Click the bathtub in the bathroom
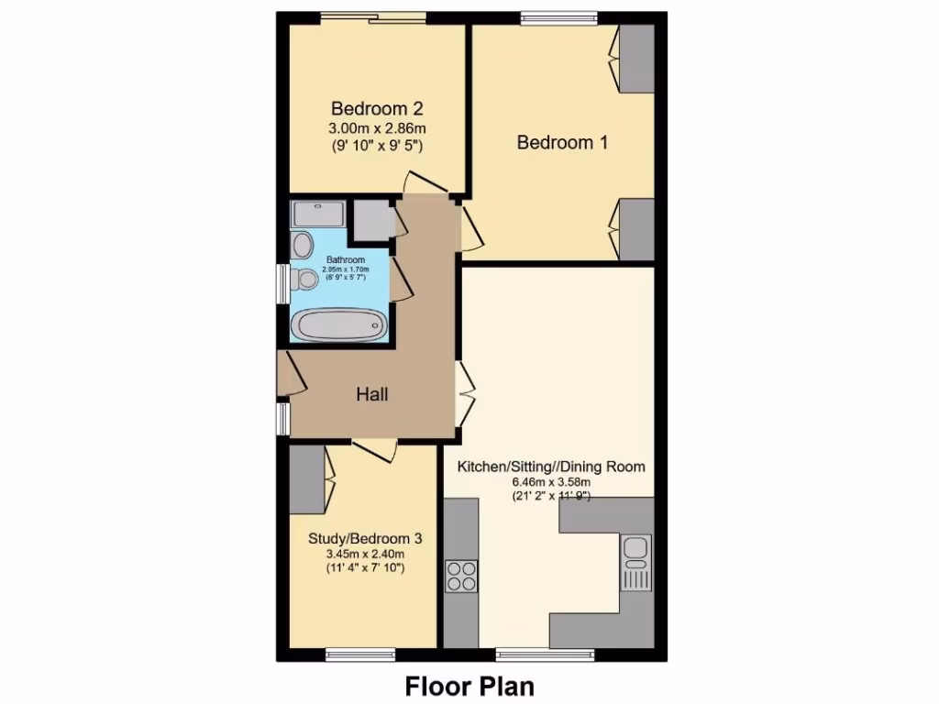[338, 324]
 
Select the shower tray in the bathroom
[318, 214]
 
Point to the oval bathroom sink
[302, 245]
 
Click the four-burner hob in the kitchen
[461, 575]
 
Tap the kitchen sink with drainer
[635, 562]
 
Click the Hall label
[372, 394]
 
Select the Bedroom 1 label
[562, 142]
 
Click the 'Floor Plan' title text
[469, 686]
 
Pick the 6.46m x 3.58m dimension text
[550, 482]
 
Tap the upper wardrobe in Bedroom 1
[636, 59]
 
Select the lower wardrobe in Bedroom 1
[636, 229]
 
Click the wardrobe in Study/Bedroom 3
[306, 479]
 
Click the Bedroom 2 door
[426, 182]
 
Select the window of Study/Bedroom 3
[360, 654]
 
